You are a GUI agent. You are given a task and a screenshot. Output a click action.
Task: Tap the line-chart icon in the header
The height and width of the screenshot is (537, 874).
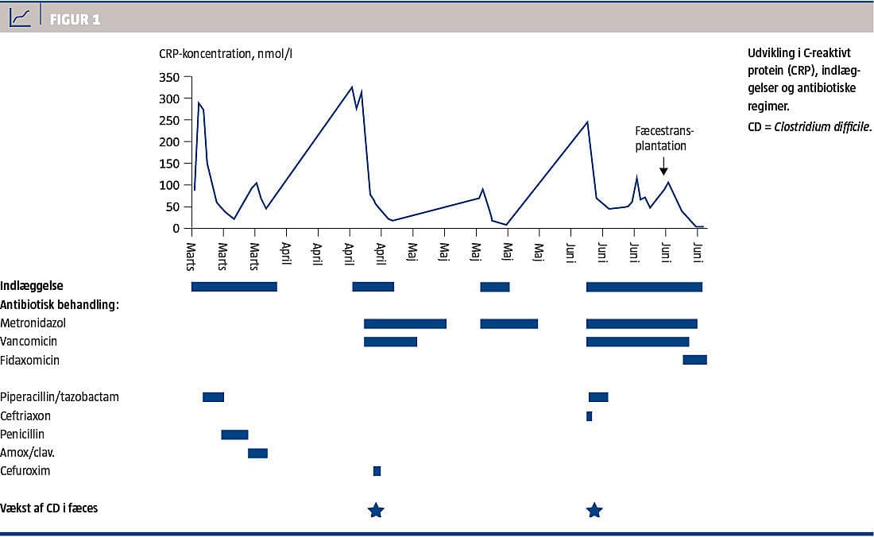(21, 17)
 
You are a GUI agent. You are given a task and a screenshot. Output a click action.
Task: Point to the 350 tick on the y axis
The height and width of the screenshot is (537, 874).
(169, 77)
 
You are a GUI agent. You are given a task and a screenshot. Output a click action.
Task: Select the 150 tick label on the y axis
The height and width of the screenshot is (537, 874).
(169, 164)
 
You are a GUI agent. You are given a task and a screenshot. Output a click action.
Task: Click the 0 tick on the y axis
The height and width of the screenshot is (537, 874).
(176, 229)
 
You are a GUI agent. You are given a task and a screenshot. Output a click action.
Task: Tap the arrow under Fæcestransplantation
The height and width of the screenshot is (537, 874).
(663, 165)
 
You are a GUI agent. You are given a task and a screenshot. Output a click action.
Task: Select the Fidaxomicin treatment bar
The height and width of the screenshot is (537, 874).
(694, 360)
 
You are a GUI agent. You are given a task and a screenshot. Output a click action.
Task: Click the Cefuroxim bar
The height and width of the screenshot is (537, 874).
(377, 471)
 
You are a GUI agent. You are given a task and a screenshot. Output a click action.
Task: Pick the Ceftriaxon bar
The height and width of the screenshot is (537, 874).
(589, 415)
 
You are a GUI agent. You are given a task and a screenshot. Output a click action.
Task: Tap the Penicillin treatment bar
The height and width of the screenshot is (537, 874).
(234, 435)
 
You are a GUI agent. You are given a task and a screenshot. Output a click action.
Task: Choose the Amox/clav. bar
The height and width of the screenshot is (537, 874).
(257, 453)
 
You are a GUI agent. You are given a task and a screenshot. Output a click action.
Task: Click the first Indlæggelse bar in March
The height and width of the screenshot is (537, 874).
(234, 286)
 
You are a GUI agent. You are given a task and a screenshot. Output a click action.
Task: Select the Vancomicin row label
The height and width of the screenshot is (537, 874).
(29, 342)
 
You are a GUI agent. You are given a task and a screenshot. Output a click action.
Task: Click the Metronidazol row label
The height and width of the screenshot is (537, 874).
(33, 323)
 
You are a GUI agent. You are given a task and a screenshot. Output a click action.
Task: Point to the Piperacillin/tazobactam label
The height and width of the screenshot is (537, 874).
(60, 396)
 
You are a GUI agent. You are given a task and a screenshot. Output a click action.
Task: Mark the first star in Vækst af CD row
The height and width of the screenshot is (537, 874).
(376, 510)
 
